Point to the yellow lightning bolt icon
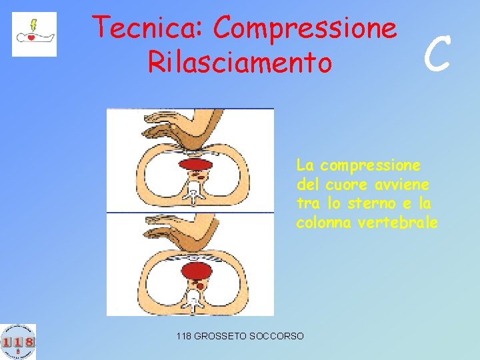pyautogui.click(x=32, y=25)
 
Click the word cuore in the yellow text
pyautogui.click(x=347, y=183)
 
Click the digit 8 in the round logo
pyautogui.click(x=29, y=342)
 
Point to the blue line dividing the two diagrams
pyautogui.click(x=190, y=213)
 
